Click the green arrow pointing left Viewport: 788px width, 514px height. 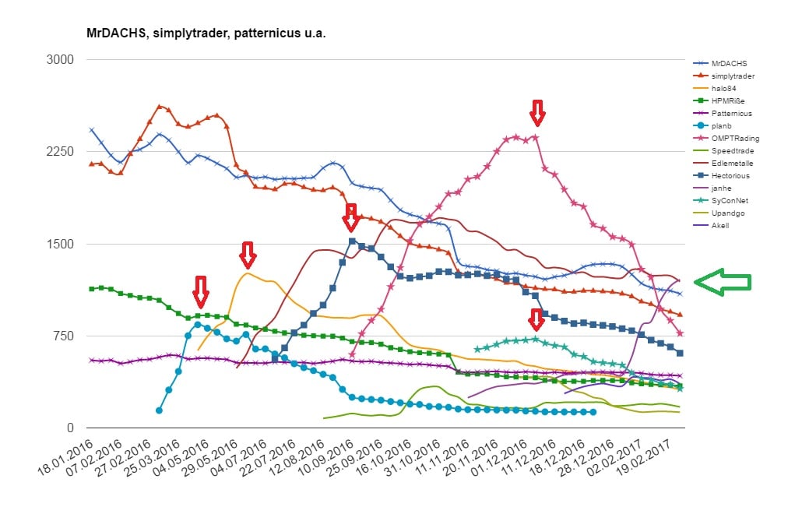[722, 282]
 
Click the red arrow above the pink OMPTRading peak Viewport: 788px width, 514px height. [536, 112]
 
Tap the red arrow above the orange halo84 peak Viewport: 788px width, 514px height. [248, 254]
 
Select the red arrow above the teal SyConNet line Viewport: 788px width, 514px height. [536, 320]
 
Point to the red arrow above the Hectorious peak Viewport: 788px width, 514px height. [350, 217]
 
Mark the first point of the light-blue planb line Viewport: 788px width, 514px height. [159, 410]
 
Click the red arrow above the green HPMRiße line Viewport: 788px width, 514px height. [201, 291]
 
